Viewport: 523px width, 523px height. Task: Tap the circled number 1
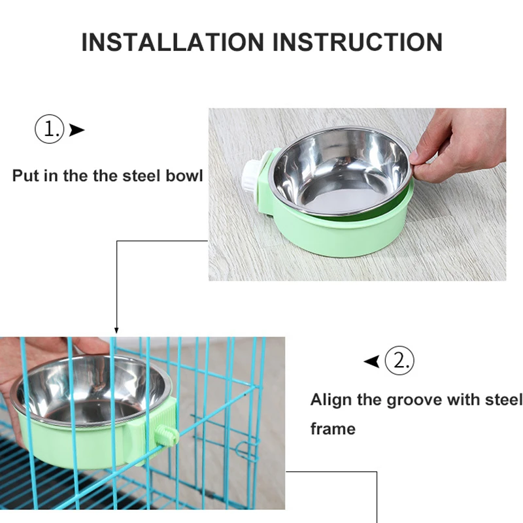coord(50,129)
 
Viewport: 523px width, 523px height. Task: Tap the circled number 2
coord(399,360)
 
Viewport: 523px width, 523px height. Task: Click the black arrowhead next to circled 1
coord(77,130)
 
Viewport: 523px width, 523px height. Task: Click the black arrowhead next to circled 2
coord(372,361)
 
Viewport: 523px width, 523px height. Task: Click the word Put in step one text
coord(26,176)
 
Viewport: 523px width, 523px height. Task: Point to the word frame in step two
coord(333,429)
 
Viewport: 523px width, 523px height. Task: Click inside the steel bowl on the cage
coord(92,392)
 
